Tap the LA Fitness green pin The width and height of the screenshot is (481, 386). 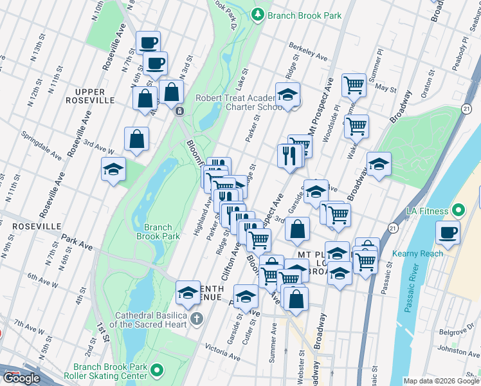[x=458, y=210]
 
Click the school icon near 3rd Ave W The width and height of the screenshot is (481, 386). [x=114, y=170]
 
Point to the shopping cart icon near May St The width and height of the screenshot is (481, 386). [x=354, y=84]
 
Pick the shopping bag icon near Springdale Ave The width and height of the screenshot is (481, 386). [x=136, y=139]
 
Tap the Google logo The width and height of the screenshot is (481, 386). [x=22, y=378]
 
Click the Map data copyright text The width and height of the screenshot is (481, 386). [x=442, y=381]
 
